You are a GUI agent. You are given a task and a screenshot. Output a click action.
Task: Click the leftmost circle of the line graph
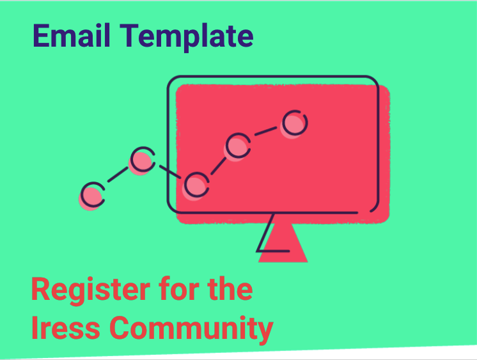click(x=93, y=194)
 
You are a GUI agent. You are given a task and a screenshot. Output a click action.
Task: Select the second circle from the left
click(x=143, y=160)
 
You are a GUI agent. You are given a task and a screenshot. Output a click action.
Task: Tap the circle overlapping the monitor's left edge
click(x=197, y=184)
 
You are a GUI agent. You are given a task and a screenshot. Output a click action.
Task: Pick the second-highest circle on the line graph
click(x=237, y=145)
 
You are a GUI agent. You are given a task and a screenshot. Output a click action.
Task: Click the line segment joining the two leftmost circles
click(x=118, y=177)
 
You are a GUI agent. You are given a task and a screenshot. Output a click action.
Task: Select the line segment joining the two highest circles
click(x=266, y=133)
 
